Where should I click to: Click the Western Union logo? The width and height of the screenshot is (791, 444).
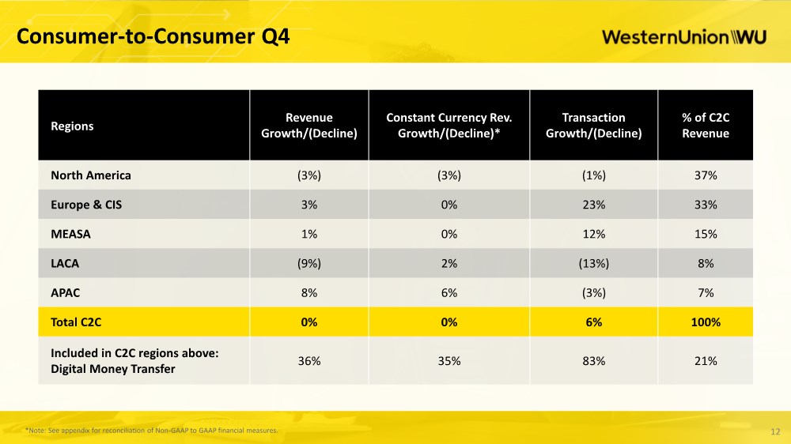pos(684,37)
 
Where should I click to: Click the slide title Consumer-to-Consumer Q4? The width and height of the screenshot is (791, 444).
pos(153,36)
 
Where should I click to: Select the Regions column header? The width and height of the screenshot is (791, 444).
pos(72,126)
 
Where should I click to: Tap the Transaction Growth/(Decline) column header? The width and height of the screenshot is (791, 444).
pos(594,126)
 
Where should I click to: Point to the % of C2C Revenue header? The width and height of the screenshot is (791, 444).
pos(706,126)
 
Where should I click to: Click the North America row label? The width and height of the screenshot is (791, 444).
pos(91,175)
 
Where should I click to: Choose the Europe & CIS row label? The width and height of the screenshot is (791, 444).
pos(86,205)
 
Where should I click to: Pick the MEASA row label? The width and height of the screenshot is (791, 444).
pos(70,234)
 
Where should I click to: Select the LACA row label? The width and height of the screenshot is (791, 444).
pos(65,263)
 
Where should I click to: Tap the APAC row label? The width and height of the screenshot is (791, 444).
pos(65,293)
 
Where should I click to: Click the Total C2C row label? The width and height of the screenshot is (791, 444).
pos(76,322)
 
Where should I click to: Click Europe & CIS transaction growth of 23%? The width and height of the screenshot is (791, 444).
pos(594,205)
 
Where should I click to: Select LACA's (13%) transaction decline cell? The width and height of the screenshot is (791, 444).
pos(594,264)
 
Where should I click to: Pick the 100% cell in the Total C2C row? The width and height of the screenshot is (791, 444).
pos(706,322)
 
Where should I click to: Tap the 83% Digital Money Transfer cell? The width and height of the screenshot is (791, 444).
pos(594,361)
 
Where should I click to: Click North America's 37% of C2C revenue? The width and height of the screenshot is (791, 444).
pos(706,175)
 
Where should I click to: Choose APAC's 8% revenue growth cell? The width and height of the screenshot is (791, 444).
pos(309,293)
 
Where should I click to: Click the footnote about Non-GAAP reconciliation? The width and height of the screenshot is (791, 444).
pos(151,431)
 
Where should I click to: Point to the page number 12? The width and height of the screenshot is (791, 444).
pos(775,432)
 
